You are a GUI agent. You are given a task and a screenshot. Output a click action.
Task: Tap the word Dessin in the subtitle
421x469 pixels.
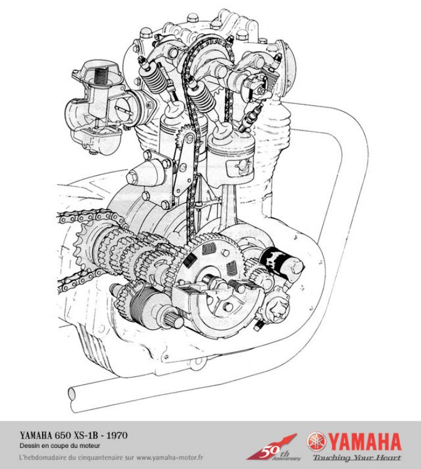click(x=30, y=446)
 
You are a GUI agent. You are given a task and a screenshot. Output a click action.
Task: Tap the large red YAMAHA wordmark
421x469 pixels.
click(x=364, y=441)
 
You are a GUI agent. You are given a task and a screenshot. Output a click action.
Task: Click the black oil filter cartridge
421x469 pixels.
click(x=280, y=263)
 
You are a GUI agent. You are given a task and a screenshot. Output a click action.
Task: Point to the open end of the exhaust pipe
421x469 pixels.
click(x=72, y=393)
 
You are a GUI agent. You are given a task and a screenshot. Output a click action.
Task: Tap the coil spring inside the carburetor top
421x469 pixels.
click(x=104, y=77)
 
